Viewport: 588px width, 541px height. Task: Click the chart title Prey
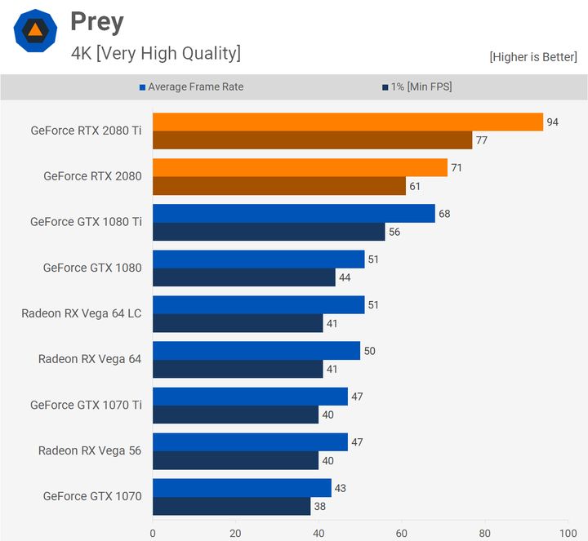96,22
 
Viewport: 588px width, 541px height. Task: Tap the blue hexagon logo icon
35,31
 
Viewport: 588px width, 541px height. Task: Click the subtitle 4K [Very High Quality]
155,53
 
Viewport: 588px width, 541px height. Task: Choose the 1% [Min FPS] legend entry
416,86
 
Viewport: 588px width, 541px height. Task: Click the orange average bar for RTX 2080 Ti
347,122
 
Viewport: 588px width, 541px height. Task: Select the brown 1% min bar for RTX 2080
278,186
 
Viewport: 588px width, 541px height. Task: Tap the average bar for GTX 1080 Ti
293,214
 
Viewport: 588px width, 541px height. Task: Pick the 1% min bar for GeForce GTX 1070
231,506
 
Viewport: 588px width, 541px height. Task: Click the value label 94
553,122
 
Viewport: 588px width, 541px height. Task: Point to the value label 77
482,140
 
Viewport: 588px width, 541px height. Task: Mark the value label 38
320,506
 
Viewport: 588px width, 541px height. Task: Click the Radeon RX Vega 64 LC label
82,313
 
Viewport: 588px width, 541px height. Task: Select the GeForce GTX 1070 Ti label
86,405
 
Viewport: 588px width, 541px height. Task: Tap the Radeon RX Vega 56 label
90,450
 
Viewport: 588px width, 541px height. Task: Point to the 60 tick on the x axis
402,534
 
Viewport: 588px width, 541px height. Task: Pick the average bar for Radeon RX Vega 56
250,442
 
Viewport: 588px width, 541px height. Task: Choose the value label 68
444,214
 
